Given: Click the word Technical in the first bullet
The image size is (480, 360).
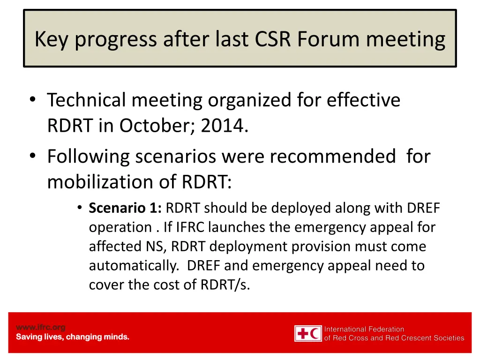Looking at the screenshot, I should (x=86, y=100).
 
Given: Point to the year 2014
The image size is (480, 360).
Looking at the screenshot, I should (x=223, y=125).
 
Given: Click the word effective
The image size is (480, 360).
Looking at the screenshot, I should (x=363, y=100).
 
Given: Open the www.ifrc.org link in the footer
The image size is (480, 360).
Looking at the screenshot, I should (x=41, y=327).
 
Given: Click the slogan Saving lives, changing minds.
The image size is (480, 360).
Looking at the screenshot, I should (x=73, y=337).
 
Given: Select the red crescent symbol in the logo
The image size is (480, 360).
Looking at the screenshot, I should (x=315, y=334).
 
